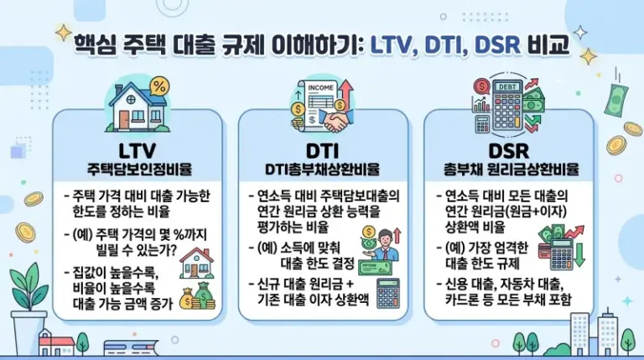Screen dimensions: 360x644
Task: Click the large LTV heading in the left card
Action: coord(139,151)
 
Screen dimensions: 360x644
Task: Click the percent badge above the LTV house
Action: coord(158,86)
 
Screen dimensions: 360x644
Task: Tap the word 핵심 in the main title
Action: coord(93,44)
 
